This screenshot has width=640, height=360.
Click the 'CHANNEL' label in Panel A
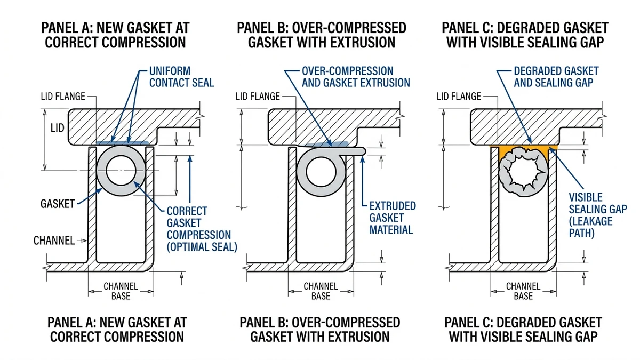54,241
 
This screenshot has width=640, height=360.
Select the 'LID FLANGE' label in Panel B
258,97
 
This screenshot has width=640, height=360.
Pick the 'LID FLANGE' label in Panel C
459,97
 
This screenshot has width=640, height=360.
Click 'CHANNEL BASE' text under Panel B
321,291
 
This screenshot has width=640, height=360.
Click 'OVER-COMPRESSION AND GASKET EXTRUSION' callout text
356,77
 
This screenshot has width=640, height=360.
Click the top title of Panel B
322,35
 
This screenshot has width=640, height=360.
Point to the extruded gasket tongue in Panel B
356,151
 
